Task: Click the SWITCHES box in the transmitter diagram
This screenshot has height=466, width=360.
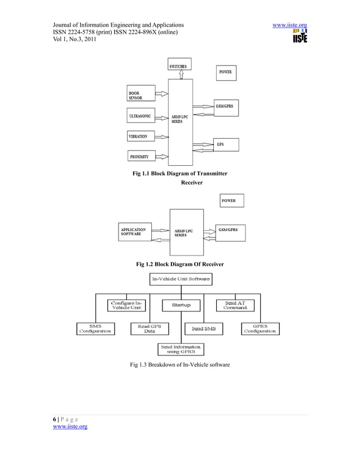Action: click(x=179, y=67)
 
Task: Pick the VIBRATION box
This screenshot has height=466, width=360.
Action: click(x=143, y=137)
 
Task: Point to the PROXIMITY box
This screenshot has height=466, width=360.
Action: click(x=143, y=156)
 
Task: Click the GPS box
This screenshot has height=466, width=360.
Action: click(x=226, y=144)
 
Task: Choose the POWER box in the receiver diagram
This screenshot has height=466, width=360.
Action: click(x=231, y=201)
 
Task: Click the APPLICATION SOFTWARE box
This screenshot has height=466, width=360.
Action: click(x=134, y=232)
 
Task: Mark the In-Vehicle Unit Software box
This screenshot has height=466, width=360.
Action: click(x=181, y=279)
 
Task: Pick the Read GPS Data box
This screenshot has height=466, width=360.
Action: click(x=149, y=328)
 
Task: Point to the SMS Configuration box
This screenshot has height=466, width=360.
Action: click(x=95, y=328)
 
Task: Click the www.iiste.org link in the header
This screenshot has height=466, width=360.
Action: click(x=289, y=25)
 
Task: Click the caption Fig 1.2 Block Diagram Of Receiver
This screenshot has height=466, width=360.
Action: click(x=180, y=264)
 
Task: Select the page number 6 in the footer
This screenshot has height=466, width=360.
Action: click(x=54, y=420)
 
